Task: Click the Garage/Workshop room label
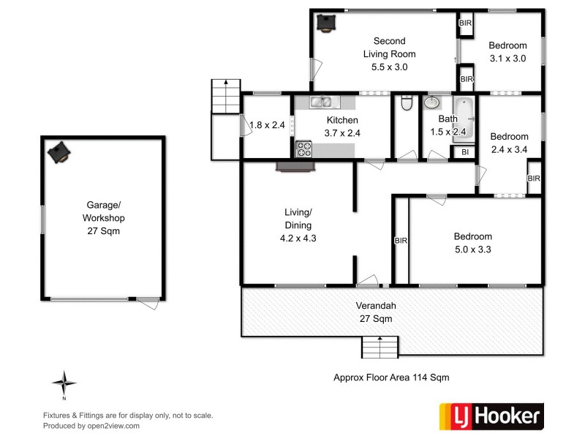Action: pyautogui.click(x=102, y=218)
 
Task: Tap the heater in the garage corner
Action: pyautogui.click(x=59, y=152)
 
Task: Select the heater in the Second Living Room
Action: pyautogui.click(x=325, y=23)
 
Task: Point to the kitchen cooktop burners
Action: pyautogui.click(x=303, y=149)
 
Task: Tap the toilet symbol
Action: pyautogui.click(x=407, y=104)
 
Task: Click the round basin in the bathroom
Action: pyautogui.click(x=434, y=103)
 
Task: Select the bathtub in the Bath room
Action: pyautogui.click(x=464, y=119)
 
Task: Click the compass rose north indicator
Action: pyautogui.click(x=64, y=383)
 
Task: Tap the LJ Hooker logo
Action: pyautogui.click(x=491, y=416)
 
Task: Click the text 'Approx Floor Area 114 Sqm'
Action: pyautogui.click(x=390, y=378)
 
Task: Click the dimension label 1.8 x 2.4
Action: pyautogui.click(x=266, y=125)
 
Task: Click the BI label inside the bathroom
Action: pyautogui.click(x=464, y=152)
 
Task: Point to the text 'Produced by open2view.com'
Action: pyautogui.click(x=91, y=425)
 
